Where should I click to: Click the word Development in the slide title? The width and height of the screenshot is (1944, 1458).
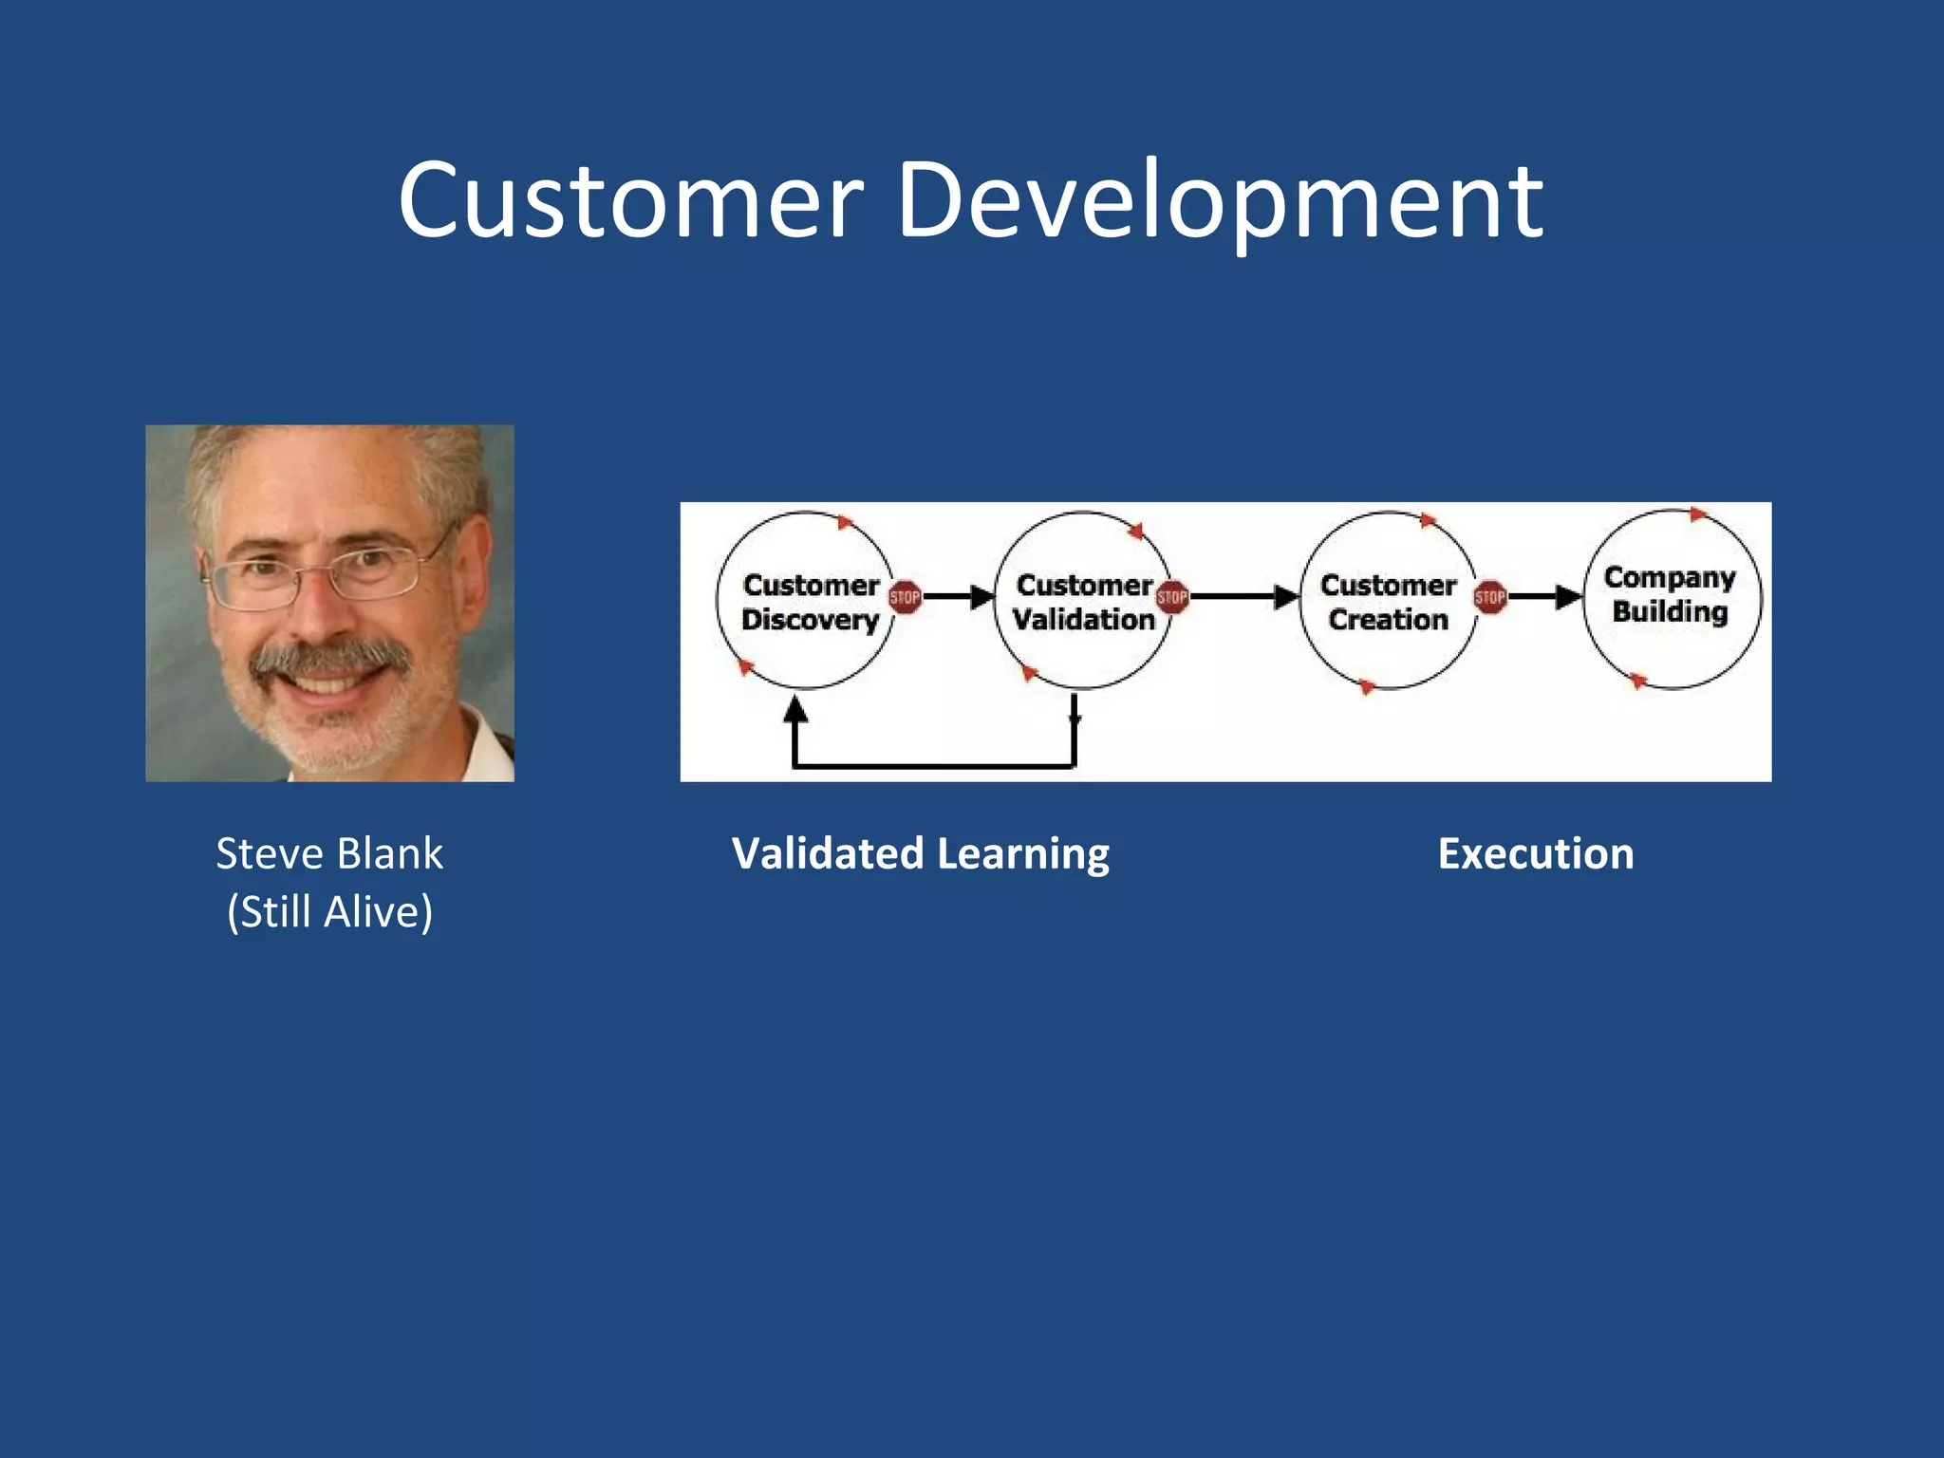tap(1220, 201)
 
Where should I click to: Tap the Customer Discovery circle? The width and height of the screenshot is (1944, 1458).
tap(806, 601)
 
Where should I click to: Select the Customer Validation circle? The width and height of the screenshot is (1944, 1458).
tap(1082, 601)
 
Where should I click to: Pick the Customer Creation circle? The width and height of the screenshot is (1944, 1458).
tap(1387, 601)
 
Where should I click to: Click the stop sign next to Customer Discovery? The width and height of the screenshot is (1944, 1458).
tap(905, 597)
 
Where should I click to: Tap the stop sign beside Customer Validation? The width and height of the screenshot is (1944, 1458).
tap(1172, 597)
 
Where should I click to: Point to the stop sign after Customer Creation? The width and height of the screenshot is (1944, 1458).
tap(1490, 597)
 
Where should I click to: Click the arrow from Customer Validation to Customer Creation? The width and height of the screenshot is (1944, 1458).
tap(1243, 597)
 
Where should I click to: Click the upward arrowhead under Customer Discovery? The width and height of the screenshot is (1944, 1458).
tap(795, 710)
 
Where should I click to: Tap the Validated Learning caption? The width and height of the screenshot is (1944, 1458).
tap(920, 853)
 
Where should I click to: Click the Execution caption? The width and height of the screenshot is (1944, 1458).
tap(1536, 853)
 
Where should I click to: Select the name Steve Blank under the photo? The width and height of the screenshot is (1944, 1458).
tap(329, 853)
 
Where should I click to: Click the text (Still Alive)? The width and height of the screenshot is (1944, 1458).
tap(329, 911)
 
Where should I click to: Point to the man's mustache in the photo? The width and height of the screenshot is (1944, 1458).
tap(329, 657)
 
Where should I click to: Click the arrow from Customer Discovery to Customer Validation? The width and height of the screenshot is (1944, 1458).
tap(957, 597)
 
